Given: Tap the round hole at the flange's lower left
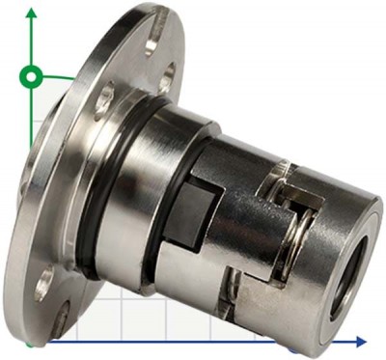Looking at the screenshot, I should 43,283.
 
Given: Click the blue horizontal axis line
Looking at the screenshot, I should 193,341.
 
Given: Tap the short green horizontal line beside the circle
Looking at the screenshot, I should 58,75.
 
